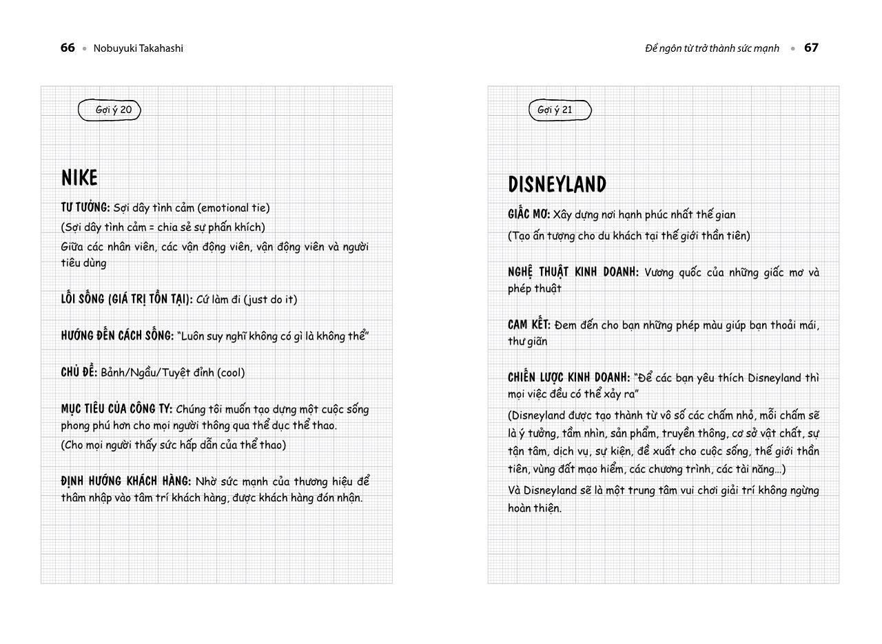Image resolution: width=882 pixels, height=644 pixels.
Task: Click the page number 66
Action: [68, 48]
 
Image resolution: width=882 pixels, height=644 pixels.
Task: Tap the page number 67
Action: [811, 48]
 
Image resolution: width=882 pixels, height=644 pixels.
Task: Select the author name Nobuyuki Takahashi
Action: [139, 48]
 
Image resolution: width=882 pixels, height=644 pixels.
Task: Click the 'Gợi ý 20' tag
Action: [113, 110]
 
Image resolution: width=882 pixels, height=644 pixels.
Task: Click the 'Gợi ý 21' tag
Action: [555, 110]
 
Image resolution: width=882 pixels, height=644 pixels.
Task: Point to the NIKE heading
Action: [80, 178]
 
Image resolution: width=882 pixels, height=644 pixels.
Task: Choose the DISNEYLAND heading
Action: [557, 185]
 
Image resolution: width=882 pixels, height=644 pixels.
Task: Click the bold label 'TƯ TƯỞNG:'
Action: [85, 208]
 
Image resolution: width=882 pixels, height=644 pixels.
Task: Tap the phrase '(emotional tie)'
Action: [234, 208]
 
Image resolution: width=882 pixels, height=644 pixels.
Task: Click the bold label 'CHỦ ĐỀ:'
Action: [79, 372]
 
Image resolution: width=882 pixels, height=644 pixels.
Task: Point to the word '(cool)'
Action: [231, 372]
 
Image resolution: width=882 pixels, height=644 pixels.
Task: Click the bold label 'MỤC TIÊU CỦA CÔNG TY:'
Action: [116, 409]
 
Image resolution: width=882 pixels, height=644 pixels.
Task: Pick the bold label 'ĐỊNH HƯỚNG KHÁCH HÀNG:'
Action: [126, 481]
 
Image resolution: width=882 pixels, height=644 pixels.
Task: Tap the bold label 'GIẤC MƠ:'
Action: [529, 214]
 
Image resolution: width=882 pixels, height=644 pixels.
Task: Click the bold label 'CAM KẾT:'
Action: [529, 325]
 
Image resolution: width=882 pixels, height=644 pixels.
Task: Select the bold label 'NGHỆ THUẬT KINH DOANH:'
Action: [573, 272]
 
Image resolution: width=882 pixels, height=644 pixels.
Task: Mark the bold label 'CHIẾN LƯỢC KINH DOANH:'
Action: [569, 378]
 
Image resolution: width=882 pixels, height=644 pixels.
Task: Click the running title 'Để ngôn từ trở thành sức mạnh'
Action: [712, 48]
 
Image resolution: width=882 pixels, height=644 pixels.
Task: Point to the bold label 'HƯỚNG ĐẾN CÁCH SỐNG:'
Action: [117, 336]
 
